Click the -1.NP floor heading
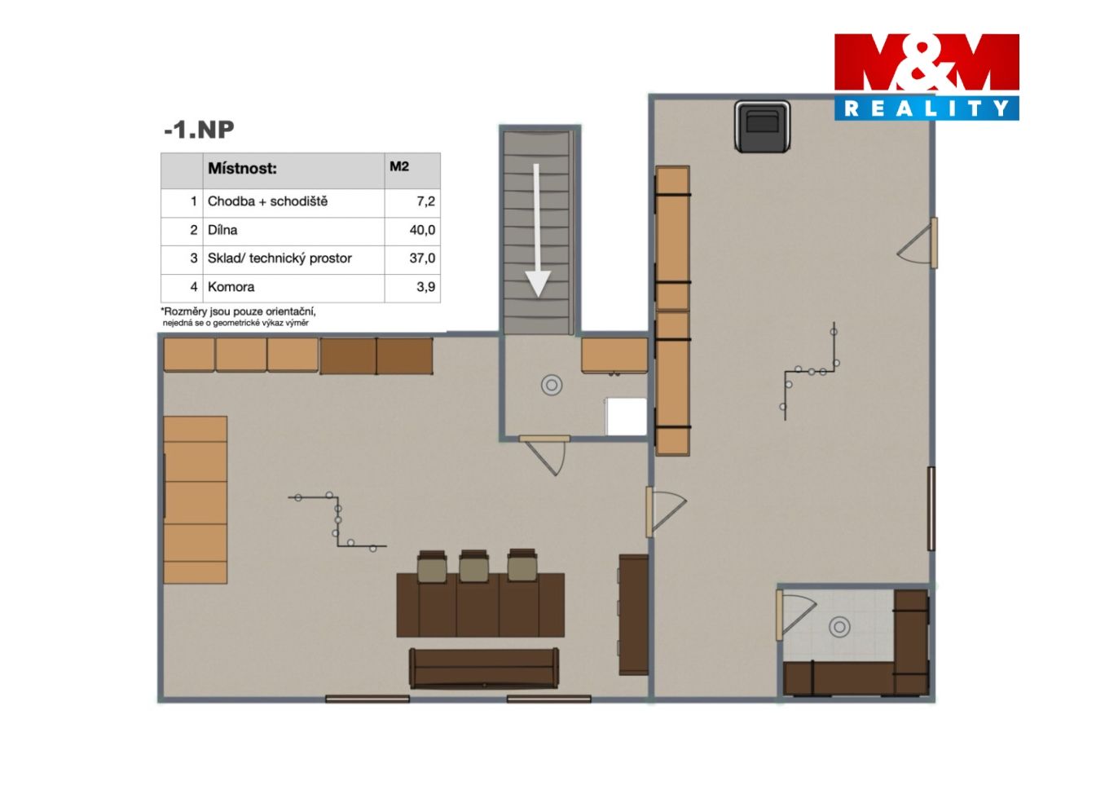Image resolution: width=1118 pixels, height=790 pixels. coord(199,130)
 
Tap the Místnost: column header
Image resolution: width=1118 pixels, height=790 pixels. coord(242,168)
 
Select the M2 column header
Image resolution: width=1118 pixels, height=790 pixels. coord(399,166)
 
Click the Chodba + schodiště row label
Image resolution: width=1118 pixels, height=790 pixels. coord(267,201)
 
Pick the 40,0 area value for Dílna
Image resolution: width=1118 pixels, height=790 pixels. coord(422,230)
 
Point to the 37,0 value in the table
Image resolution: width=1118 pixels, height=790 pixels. coord(422,258)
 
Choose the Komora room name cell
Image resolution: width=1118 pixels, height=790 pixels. coord(231,287)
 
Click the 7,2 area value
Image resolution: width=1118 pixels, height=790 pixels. coord(425,201)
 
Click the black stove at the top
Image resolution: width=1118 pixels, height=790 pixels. coord(762,126)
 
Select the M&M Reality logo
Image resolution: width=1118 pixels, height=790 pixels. coord(927,77)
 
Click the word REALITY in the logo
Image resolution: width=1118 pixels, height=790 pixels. coord(927,108)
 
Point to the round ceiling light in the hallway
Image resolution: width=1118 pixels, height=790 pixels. coord(552,385)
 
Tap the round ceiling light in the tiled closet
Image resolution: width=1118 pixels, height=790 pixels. coord(839,627)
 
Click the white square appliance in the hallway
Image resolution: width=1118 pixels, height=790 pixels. coord(626,417)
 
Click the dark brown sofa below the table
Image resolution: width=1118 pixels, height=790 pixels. coord(484,669)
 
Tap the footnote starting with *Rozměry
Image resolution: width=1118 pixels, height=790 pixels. coord(238,316)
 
